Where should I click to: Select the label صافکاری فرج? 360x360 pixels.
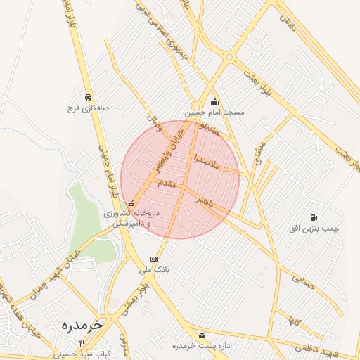(86, 109)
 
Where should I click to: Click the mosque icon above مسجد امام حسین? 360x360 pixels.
(214, 101)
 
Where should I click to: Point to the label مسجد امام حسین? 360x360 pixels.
(214, 112)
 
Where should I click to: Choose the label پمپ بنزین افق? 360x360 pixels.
(314, 229)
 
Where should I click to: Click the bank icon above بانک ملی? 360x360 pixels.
(154, 259)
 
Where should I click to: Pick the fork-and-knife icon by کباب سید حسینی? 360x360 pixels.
(82, 343)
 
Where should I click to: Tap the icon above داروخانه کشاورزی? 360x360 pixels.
(131, 203)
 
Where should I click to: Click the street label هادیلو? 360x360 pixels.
(210, 127)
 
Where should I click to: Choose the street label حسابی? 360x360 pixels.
(300, 283)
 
